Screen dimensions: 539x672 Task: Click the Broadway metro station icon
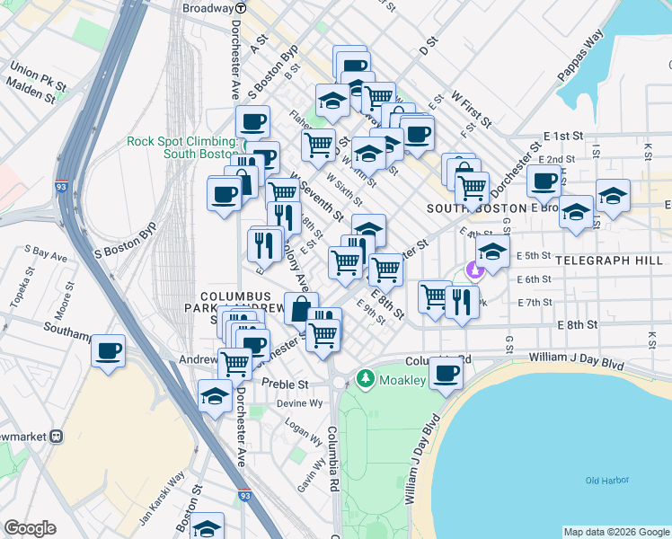pos(252,8)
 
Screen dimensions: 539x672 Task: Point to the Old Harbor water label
pos(605,481)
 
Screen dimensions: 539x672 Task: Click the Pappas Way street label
pos(579,62)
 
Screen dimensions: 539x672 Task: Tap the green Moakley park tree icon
pos(365,378)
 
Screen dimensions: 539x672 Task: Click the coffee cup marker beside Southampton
pos(108,350)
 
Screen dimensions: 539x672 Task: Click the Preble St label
pos(285,384)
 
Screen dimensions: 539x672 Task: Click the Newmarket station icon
pos(56,437)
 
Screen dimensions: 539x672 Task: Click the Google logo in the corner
pos(30,528)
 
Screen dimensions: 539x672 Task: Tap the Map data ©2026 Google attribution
pos(616,532)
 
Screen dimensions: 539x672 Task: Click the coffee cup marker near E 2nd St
pos(544,180)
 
